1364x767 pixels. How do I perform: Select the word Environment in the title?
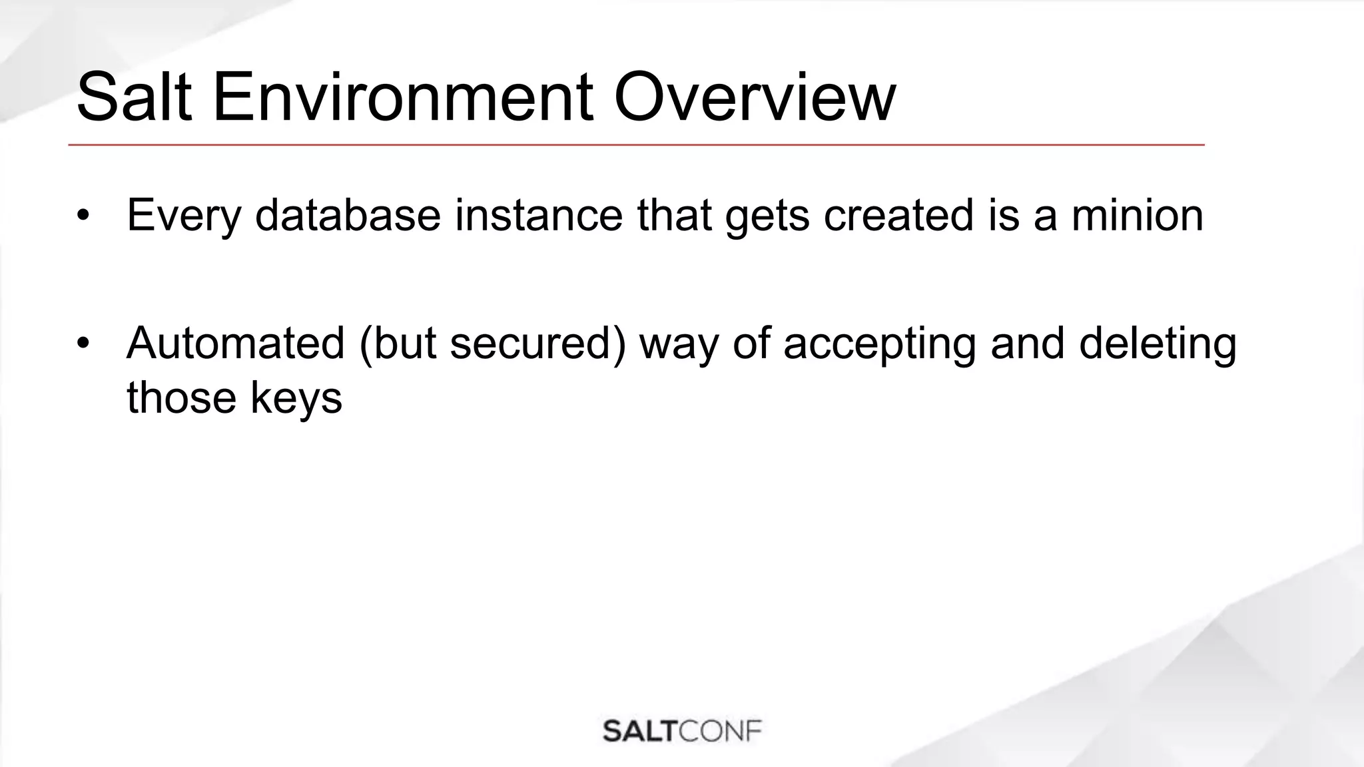402,98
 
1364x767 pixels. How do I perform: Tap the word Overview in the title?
754,98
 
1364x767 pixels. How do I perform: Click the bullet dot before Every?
82,216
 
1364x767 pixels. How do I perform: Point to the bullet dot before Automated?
82,344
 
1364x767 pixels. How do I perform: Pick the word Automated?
235,344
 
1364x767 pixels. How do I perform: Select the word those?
181,398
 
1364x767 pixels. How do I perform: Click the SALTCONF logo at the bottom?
682,731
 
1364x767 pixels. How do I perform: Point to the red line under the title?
636,144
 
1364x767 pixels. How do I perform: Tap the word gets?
767,216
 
